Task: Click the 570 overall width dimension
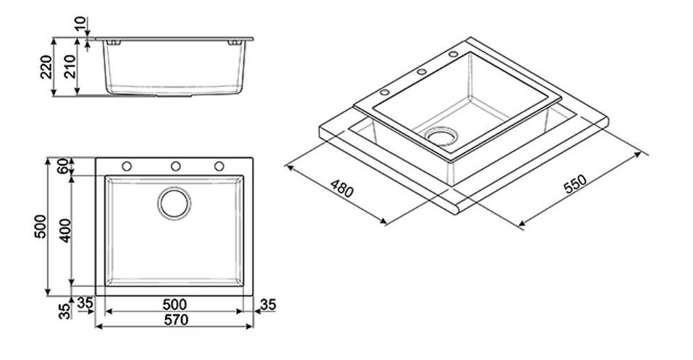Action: (x=176, y=319)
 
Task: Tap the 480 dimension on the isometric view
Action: (x=342, y=189)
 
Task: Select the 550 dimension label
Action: (x=576, y=184)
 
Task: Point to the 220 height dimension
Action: (x=46, y=67)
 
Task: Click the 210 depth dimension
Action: (x=70, y=67)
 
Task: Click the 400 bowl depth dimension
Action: (x=65, y=230)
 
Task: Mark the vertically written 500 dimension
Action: (x=40, y=226)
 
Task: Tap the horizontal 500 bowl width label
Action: (x=175, y=305)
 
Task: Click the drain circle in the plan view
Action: (x=175, y=204)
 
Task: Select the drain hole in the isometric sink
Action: (x=442, y=136)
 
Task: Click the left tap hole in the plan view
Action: (x=127, y=166)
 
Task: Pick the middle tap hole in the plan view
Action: (x=176, y=166)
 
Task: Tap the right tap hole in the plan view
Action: (x=219, y=166)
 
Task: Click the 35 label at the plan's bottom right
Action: (x=268, y=305)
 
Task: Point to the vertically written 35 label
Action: (x=65, y=311)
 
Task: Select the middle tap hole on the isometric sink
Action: (x=422, y=72)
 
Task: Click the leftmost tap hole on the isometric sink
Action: (x=385, y=93)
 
